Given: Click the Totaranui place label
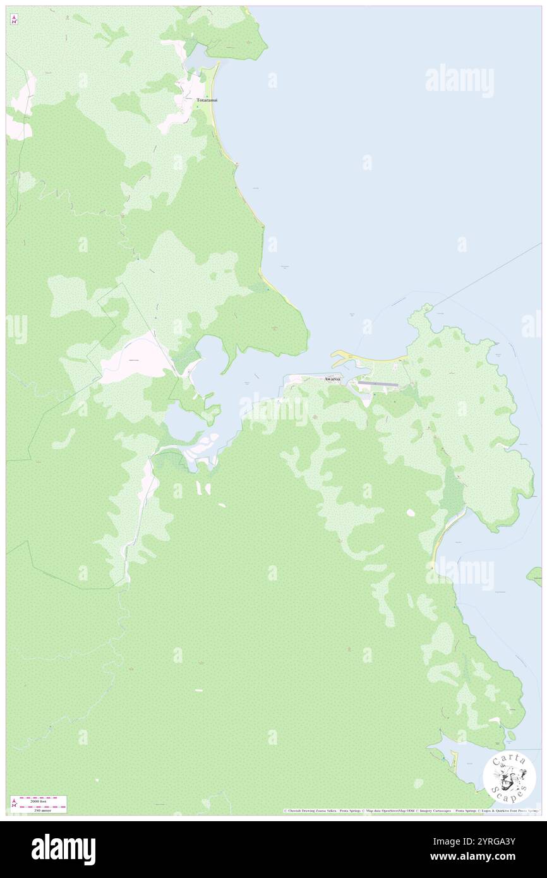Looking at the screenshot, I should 207,100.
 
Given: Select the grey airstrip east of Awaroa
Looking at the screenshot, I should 378,383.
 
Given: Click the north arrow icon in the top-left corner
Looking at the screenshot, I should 14,20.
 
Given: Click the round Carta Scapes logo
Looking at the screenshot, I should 509,778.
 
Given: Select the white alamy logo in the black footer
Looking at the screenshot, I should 63,850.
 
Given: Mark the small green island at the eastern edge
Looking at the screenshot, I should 536,575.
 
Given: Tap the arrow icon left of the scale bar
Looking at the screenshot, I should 14,804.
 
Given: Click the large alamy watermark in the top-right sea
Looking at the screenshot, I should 459,80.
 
